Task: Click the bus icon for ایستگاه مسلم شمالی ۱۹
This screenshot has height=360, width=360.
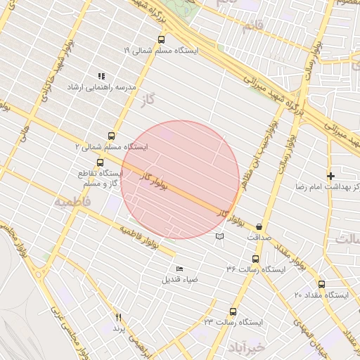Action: tap(162, 40)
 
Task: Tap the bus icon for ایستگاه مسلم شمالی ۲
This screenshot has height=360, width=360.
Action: tap(111, 136)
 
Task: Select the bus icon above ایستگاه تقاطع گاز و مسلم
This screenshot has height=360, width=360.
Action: tap(101, 162)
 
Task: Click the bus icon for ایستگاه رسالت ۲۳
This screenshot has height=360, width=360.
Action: tap(233, 311)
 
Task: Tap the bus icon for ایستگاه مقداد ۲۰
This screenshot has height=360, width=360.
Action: tap(321, 284)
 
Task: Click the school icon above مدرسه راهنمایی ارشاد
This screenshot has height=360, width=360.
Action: tap(101, 75)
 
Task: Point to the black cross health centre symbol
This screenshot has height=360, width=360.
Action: tap(330, 175)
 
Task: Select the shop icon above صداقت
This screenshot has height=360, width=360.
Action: tap(260, 226)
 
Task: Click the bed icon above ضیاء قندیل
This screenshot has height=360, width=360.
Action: tap(179, 269)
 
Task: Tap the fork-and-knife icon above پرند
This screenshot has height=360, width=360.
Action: tap(118, 318)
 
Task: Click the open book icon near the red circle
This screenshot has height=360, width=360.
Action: tap(220, 236)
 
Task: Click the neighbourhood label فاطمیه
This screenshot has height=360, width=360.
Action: tap(72, 201)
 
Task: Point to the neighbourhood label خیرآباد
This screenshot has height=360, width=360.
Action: tap(245, 347)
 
